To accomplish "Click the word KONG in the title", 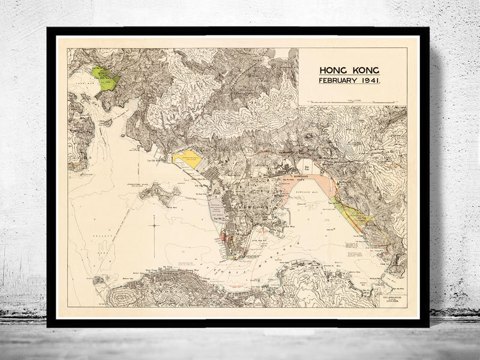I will pyautogui.click(x=364, y=70).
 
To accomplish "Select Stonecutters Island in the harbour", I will pyautogui.click(x=157, y=194).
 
